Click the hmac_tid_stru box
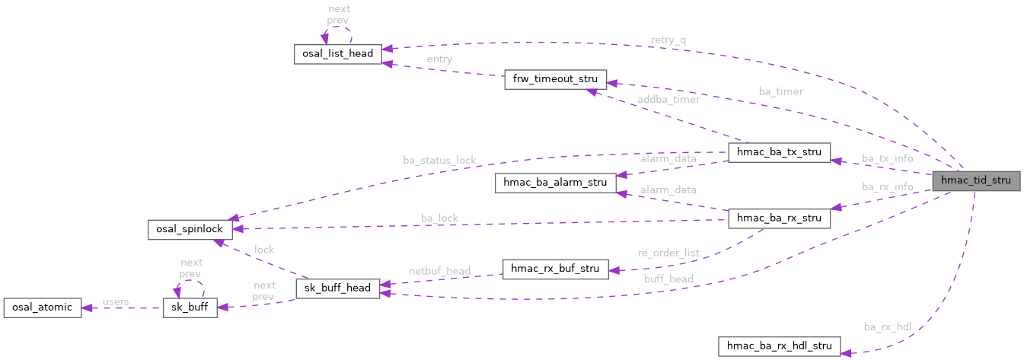976,181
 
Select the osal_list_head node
338,54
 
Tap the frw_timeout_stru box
555,79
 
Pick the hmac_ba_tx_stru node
779,151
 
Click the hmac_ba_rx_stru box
779,218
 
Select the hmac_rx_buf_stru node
555,269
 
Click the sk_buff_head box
337,288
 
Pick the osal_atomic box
42,307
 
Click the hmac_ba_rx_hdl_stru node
779,347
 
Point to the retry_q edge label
668,39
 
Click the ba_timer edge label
780,91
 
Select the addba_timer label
669,100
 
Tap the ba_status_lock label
439,161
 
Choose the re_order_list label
668,253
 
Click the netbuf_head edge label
440,270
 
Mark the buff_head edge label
668,279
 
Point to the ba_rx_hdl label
888,327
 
